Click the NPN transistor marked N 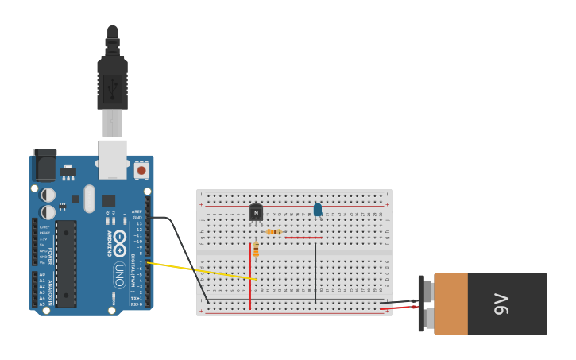coord(256,212)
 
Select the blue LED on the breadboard coord(318,210)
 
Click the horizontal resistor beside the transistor coord(274,232)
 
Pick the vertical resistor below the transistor coord(256,250)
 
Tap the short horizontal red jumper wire coord(303,238)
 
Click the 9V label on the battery coord(501,304)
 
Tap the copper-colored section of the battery coord(450,304)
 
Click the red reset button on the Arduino coord(141,169)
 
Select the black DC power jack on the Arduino coord(45,165)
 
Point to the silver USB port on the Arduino coord(112,159)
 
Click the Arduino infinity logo coord(120,243)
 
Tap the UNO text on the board coord(120,274)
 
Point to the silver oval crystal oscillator coord(89,199)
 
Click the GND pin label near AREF coord(137,217)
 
